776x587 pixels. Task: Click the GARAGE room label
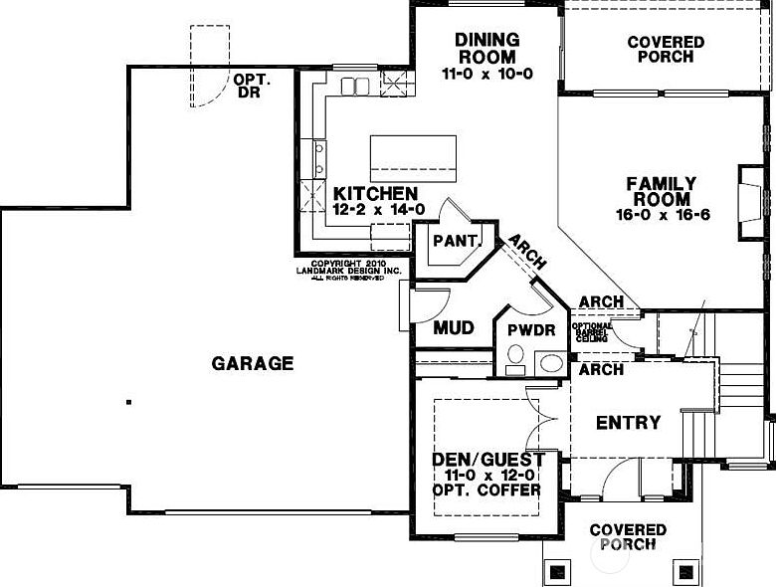(x=253, y=363)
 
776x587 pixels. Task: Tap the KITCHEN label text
(x=375, y=193)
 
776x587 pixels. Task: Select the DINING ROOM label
(x=487, y=47)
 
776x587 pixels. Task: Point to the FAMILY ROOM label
(x=662, y=192)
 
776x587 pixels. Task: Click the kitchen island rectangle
(x=413, y=158)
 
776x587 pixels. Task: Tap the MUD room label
(x=453, y=327)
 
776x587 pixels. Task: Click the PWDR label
(x=530, y=329)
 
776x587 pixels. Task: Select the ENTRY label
(x=628, y=422)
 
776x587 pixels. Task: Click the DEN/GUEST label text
(x=487, y=460)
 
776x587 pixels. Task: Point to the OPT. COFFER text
(x=486, y=489)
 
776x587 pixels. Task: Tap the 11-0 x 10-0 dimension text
(x=487, y=73)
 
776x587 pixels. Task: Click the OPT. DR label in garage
(x=251, y=86)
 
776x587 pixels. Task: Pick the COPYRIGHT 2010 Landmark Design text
(x=348, y=270)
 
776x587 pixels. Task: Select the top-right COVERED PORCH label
(x=666, y=50)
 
